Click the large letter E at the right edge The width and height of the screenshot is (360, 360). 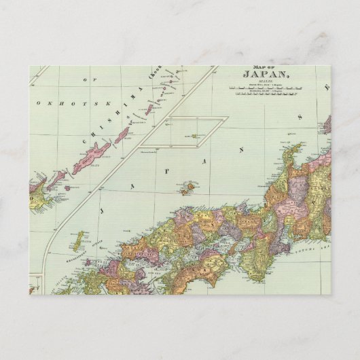tap(327, 87)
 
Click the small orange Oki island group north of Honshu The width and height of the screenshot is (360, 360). tap(190, 186)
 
